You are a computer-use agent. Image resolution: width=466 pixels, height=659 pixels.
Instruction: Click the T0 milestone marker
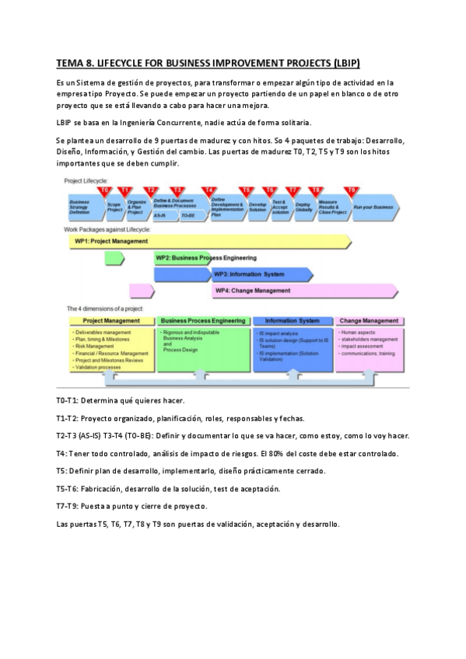pyautogui.click(x=104, y=190)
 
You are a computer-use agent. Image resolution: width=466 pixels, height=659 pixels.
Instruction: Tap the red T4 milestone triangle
pyautogui.click(x=208, y=190)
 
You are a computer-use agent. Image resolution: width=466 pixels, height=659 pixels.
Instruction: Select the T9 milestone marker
pyautogui.click(x=351, y=190)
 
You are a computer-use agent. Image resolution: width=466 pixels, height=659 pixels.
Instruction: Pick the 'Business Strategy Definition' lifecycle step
pyautogui.click(x=80, y=206)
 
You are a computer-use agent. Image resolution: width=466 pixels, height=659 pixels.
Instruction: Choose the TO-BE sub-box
pyautogui.click(x=188, y=214)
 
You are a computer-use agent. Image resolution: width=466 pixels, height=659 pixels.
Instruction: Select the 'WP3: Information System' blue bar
pyautogui.click(x=249, y=274)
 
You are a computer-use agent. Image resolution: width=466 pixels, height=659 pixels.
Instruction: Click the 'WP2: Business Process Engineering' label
pyautogui.click(x=205, y=257)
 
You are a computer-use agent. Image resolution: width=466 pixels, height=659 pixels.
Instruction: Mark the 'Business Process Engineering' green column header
pyautogui.click(x=204, y=320)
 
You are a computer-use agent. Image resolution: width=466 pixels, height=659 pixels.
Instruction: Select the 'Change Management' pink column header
pyautogui.click(x=370, y=320)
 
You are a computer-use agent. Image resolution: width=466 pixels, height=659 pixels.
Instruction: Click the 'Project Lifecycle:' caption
pyautogui.click(x=86, y=180)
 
